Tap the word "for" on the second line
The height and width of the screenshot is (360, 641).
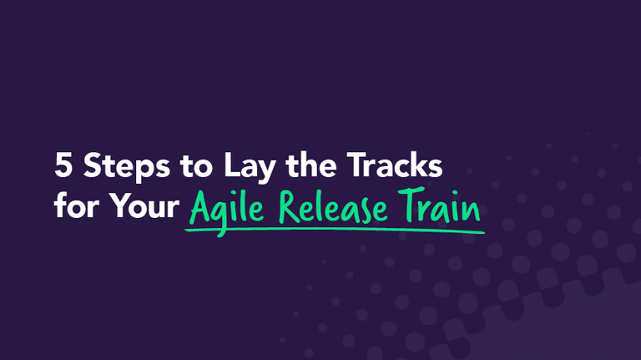pos(73,205)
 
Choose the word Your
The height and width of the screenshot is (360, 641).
pos(141,205)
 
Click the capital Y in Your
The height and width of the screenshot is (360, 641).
pos(114,205)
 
